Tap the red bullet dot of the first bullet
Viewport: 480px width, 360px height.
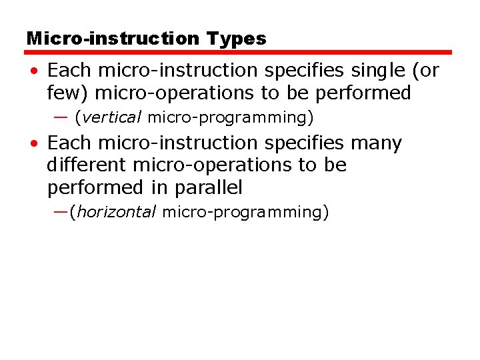point(33,71)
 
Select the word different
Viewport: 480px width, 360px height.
point(87,165)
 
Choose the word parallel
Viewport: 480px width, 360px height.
point(209,188)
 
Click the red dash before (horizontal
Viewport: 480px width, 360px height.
point(61,212)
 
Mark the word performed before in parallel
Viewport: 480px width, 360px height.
point(93,188)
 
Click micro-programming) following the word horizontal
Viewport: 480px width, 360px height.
point(245,213)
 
